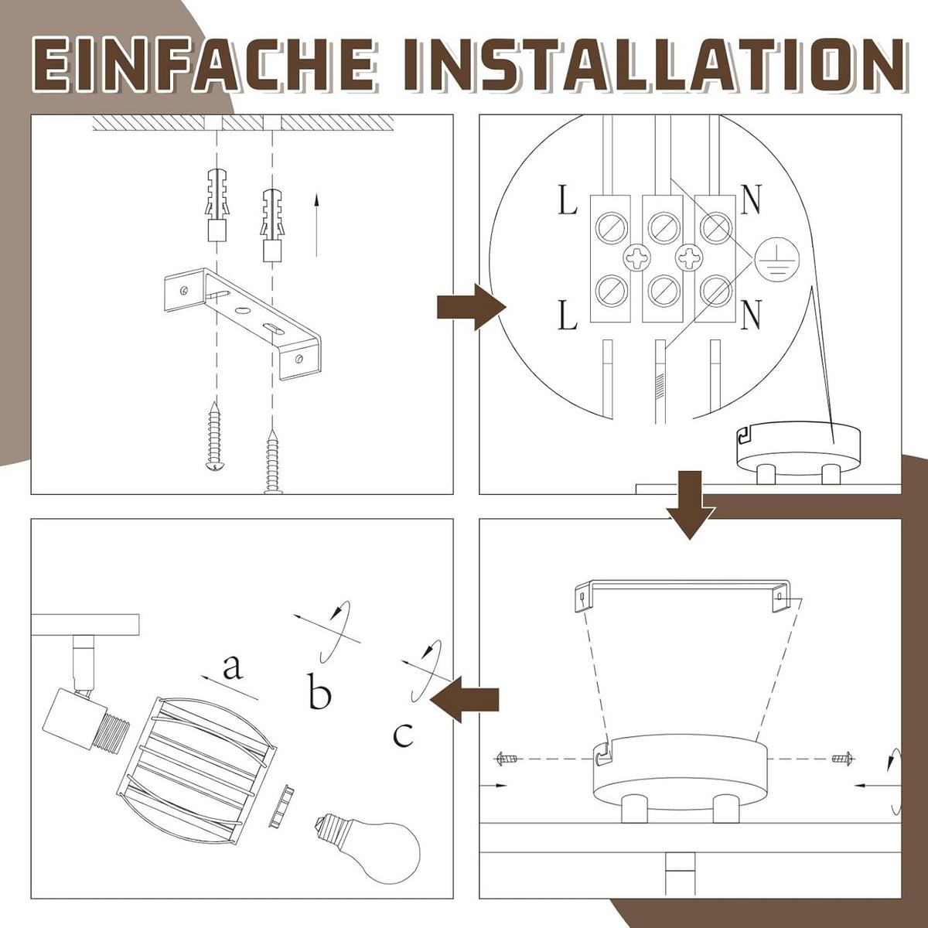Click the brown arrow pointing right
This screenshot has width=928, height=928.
pos(472,307)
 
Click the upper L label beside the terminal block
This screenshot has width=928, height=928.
pos(568,201)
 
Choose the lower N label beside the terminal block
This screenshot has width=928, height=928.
pos(751,315)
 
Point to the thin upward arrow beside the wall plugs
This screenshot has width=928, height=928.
pos(316,224)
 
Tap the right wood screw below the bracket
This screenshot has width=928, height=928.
pos(273,462)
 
